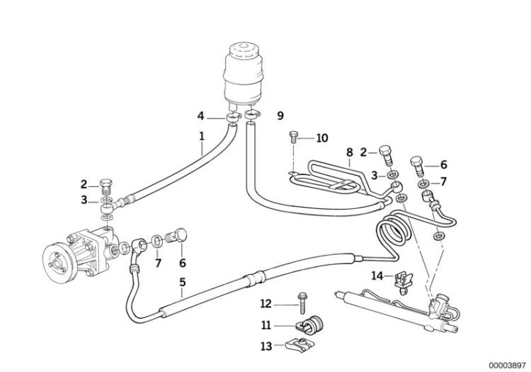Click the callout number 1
pos(202,135)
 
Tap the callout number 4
pos(201,115)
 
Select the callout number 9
pos(280,115)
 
